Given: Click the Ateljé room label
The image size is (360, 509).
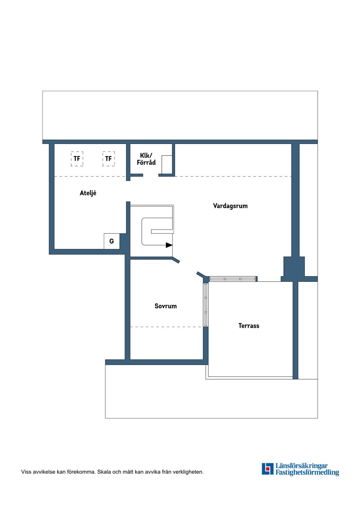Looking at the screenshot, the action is click(x=88, y=193).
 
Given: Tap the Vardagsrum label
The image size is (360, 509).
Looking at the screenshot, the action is click(x=230, y=206).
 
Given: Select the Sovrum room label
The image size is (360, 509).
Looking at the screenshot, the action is click(x=165, y=306).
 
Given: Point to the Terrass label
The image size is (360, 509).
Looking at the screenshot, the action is click(x=249, y=326).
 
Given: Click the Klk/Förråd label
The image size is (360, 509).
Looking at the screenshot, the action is click(x=146, y=159).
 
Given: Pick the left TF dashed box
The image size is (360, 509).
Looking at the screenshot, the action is click(x=77, y=159).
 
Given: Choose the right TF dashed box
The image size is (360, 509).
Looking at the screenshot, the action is click(x=109, y=159).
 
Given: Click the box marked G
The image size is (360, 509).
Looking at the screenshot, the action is click(x=112, y=241).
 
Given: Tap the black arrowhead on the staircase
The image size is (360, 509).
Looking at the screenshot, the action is click(x=169, y=245).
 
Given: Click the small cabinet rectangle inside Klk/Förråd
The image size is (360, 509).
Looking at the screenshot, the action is click(x=167, y=165).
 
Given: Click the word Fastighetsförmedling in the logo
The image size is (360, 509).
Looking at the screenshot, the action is click(x=307, y=473).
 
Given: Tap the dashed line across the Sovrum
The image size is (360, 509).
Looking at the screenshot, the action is click(x=166, y=327).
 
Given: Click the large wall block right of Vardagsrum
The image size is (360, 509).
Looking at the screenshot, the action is click(x=294, y=269).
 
